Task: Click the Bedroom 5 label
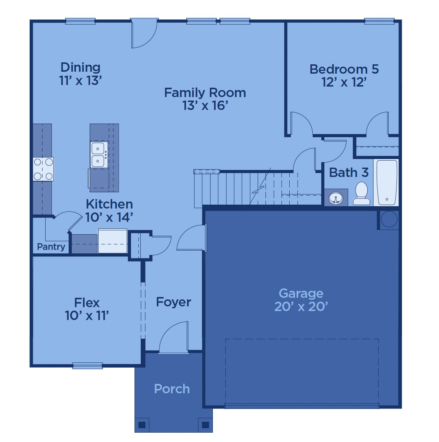point(344,69)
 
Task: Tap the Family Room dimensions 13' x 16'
point(205,105)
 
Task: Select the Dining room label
point(80,67)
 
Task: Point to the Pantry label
point(51,247)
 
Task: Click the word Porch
point(172,389)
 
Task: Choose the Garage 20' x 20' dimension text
point(301,306)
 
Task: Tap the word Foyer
point(173,302)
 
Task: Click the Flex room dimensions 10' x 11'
point(87,315)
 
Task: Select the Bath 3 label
point(349,173)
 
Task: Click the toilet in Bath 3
point(361,193)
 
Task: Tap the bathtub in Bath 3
point(386,182)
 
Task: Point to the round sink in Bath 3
point(336,198)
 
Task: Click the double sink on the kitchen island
point(99,155)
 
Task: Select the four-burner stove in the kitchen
point(43,169)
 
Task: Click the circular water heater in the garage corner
point(389,219)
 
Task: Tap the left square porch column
point(142,425)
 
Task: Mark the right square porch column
point(205,425)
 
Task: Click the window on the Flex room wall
point(87,366)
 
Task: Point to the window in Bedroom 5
point(379,21)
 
